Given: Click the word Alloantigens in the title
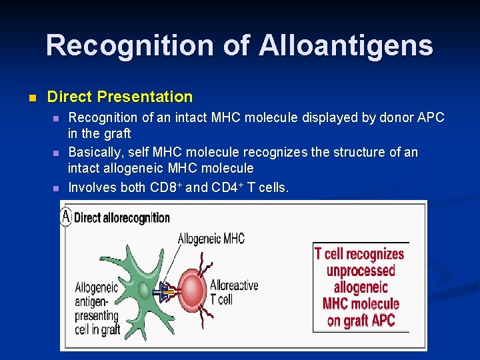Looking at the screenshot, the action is click(345, 45).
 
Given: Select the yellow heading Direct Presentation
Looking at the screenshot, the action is click(120, 97).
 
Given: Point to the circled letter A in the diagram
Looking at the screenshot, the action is click(66, 216).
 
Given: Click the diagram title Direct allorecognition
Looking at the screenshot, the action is click(122, 217).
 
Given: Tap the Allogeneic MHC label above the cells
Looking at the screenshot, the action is click(211, 239).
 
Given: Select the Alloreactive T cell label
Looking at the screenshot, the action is click(233, 291).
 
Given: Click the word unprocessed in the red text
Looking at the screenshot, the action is click(361, 271).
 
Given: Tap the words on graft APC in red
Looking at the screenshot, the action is click(361, 321).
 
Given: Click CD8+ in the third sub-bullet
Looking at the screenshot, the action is click(167, 187).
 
